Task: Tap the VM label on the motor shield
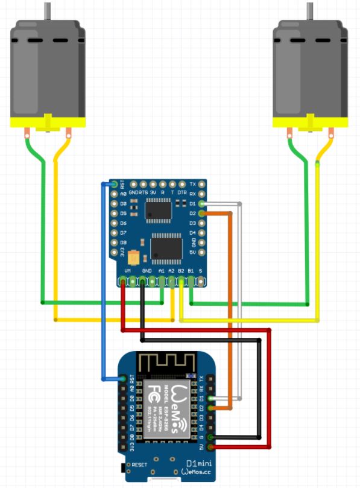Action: coord(127,271)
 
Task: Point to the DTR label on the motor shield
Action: coord(182,192)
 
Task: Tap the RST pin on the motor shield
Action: coord(115,183)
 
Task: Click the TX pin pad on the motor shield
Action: coord(201,183)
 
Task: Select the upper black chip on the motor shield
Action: coord(158,210)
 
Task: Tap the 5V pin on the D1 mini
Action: coord(210,447)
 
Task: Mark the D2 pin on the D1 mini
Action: coord(210,408)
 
